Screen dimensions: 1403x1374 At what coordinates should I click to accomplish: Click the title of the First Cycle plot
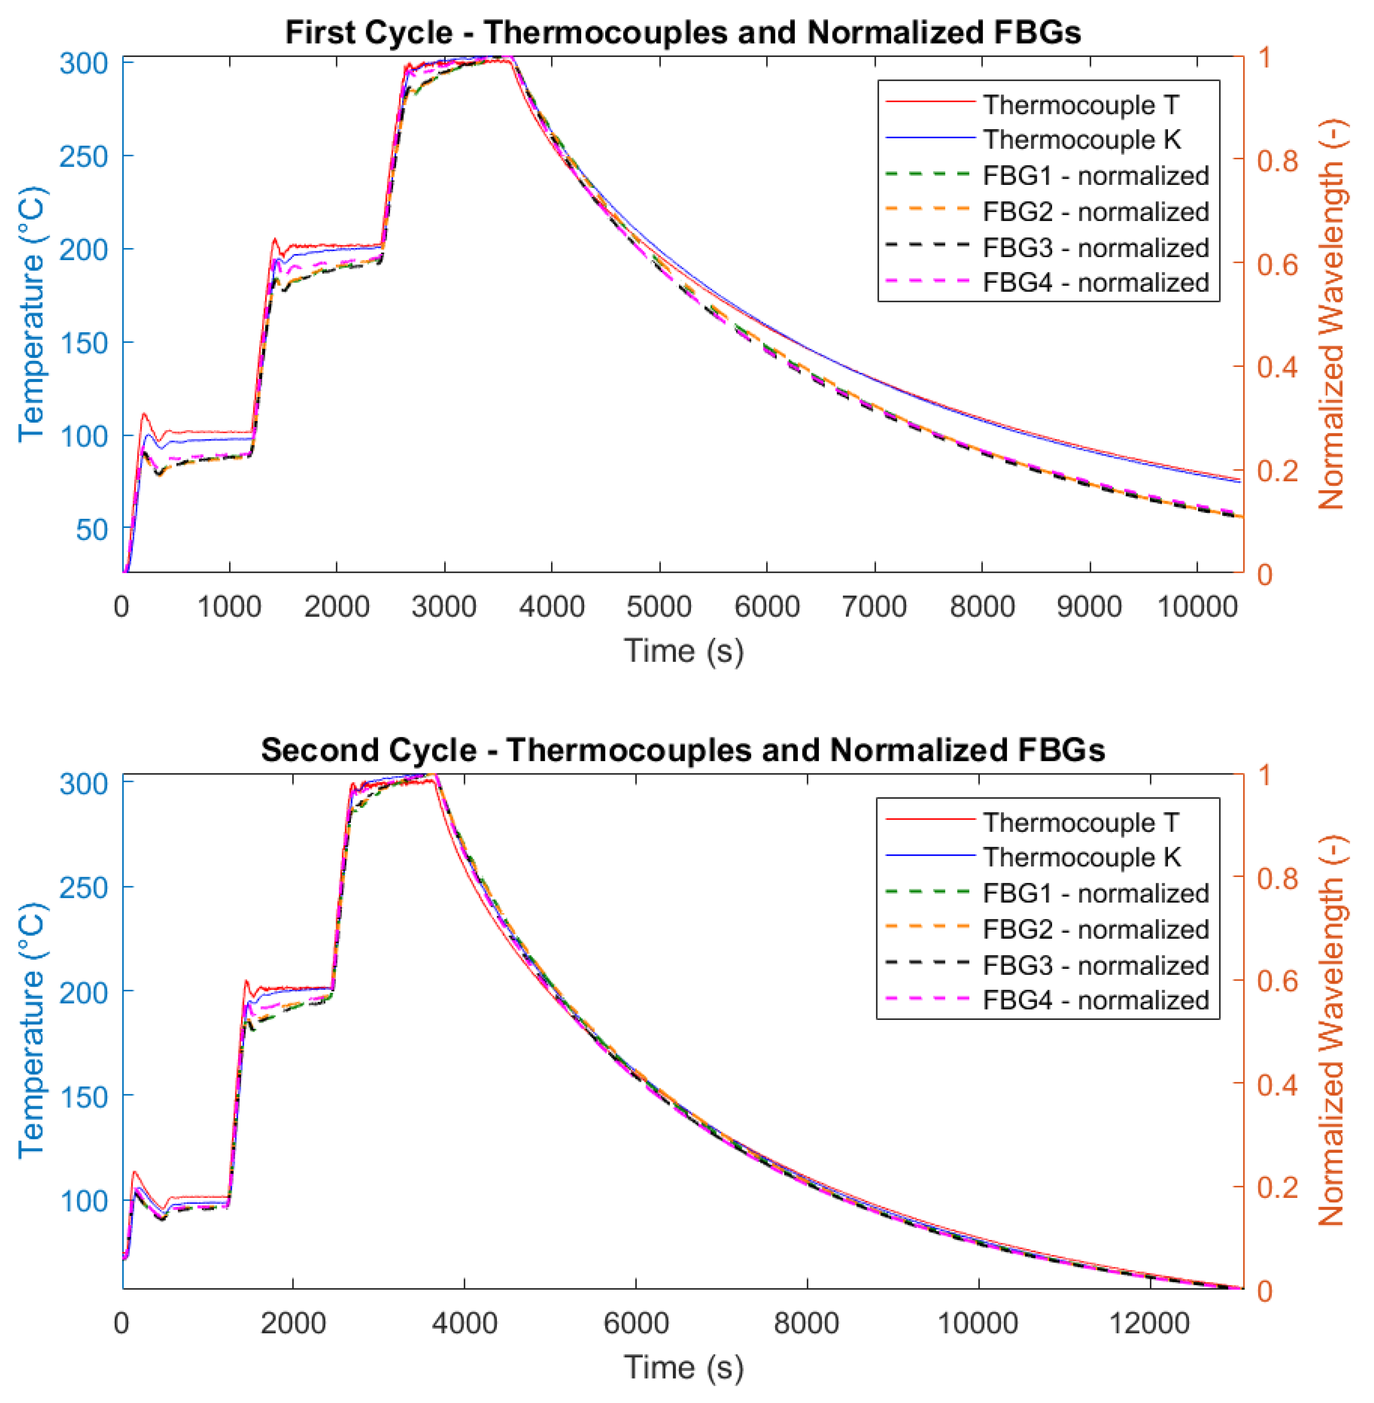(683, 33)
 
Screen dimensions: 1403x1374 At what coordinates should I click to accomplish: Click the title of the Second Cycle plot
(683, 750)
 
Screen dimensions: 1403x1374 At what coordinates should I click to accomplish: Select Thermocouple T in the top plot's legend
(1080, 105)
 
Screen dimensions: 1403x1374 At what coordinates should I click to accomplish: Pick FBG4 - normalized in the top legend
(1095, 282)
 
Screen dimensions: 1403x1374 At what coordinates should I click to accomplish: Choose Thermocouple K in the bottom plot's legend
(1081, 857)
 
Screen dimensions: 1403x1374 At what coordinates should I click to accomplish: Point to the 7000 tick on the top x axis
(874, 606)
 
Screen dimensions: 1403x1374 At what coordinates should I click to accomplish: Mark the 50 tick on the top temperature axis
(92, 530)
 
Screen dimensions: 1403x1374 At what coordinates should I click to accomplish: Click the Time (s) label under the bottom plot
(683, 1367)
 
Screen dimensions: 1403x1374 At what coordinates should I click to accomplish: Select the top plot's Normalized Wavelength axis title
(1331, 315)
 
